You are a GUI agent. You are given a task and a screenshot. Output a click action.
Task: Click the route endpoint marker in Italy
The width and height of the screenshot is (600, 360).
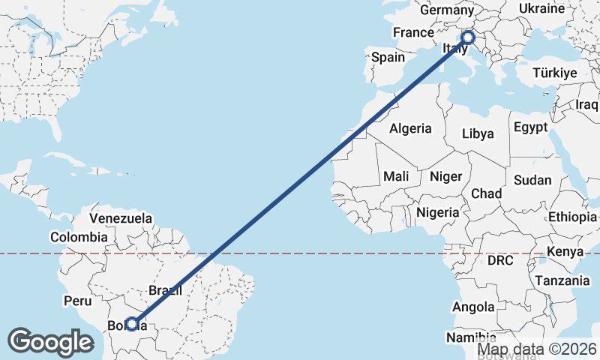(468, 37)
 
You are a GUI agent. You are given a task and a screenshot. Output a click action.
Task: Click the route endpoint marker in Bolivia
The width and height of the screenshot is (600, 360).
(132, 324)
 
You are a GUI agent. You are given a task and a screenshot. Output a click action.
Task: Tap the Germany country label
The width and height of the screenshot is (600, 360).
(446, 10)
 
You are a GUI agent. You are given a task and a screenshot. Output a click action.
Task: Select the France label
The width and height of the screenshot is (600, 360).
(413, 32)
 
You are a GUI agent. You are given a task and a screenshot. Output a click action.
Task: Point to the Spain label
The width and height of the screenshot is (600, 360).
(388, 57)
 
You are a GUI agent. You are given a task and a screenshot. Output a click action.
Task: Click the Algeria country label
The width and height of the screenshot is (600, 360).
(410, 128)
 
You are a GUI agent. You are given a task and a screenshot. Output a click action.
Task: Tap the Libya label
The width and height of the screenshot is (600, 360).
(478, 134)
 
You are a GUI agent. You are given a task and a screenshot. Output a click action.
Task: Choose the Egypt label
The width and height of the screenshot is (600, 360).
(531, 127)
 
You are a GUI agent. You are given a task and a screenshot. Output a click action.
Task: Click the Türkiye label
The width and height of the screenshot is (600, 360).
(554, 73)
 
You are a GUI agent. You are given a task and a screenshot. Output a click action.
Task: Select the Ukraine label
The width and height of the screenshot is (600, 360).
(541, 9)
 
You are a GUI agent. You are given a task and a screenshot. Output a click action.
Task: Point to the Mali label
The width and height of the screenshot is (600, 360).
(395, 176)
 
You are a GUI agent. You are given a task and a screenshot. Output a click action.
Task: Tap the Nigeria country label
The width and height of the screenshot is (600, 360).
(437, 212)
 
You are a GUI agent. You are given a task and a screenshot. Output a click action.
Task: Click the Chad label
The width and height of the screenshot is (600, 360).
(486, 193)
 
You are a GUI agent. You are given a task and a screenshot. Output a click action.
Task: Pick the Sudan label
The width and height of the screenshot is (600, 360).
(532, 180)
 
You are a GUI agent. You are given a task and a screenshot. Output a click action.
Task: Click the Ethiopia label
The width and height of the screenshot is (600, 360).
(572, 217)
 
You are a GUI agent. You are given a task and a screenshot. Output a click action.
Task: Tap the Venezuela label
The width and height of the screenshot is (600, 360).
(121, 218)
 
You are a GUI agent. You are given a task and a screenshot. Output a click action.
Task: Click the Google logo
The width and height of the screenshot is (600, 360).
(51, 342)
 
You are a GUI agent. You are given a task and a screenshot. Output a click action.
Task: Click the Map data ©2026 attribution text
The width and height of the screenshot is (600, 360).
(537, 349)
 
